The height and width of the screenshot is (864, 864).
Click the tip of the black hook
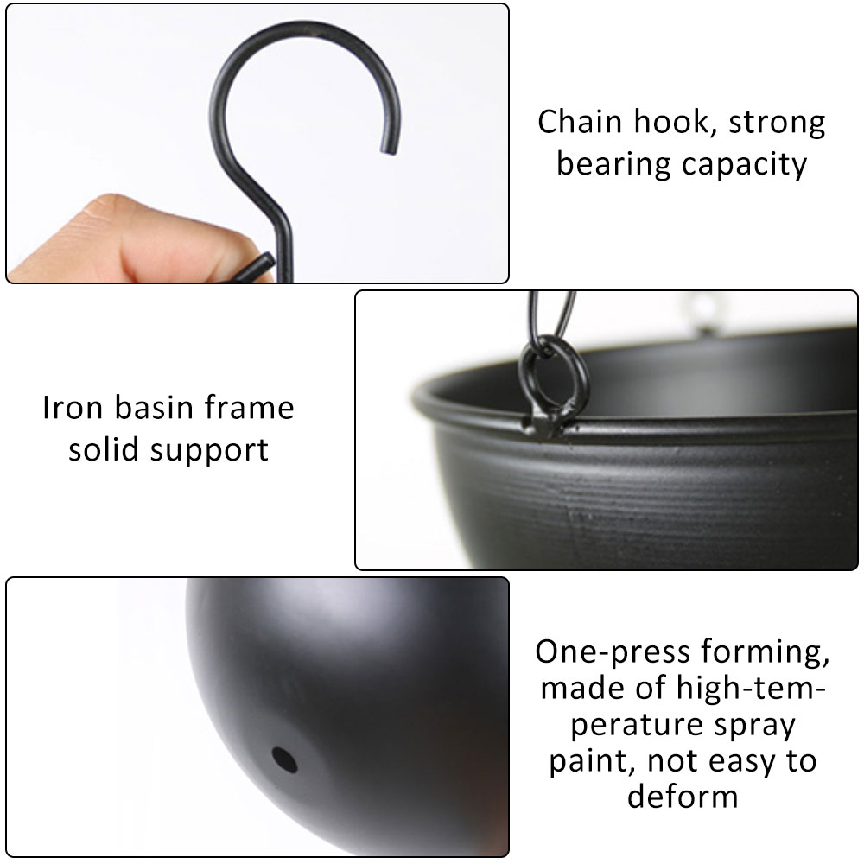tap(387, 149)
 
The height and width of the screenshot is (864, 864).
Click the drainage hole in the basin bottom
tap(284, 759)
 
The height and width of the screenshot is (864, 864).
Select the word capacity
tap(746, 164)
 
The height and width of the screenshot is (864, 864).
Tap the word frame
tap(255, 408)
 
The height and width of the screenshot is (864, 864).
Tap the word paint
tap(588, 762)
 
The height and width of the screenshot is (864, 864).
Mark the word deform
tap(683, 797)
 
